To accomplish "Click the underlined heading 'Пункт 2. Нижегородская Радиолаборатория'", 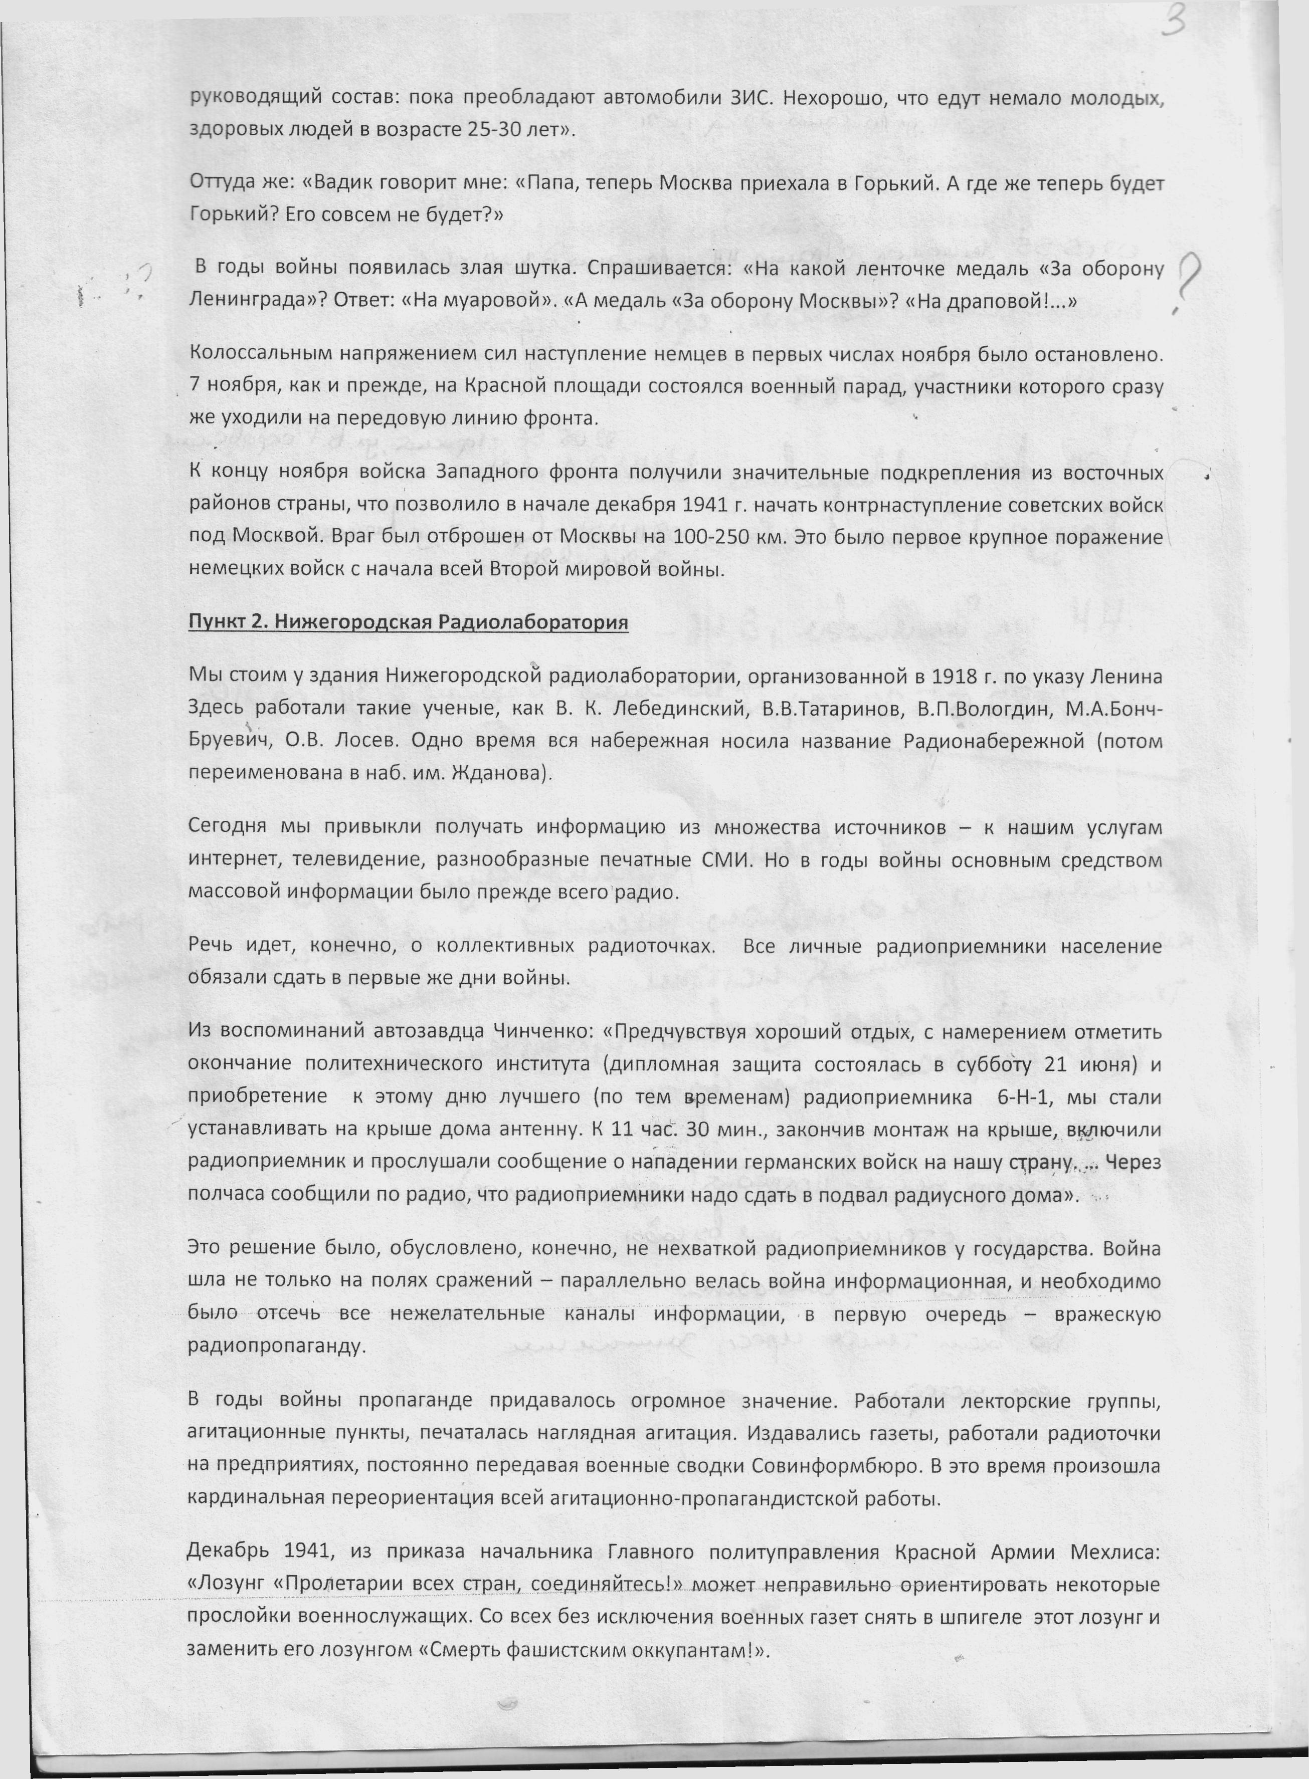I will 408,622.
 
